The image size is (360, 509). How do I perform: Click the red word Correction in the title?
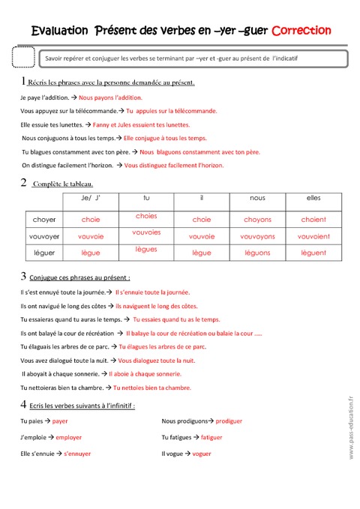click(301, 31)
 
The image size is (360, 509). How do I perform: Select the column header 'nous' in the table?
click(257, 198)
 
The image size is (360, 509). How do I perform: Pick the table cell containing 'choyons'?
click(257, 220)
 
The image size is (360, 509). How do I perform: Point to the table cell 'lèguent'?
click(313, 253)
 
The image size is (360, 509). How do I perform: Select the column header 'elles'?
click(313, 198)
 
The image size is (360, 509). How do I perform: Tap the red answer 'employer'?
click(68, 437)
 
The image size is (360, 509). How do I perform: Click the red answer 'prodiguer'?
click(228, 421)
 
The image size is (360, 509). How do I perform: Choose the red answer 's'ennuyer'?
click(76, 454)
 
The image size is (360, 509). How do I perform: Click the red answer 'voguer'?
click(201, 454)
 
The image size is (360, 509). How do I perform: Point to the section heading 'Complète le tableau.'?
click(63, 184)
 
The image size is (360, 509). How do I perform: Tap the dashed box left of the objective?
click(24, 58)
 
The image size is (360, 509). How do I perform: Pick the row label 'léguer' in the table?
click(44, 253)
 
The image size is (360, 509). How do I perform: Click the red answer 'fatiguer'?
click(211, 437)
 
